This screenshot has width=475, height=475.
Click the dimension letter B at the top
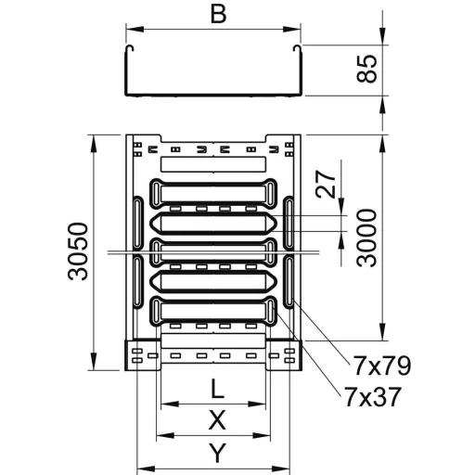tap(218, 15)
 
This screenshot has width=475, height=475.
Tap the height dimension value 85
tap(367, 69)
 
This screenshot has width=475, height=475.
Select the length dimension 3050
tap(78, 251)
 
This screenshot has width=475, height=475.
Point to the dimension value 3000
tap(366, 237)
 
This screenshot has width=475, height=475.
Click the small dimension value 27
tap(326, 184)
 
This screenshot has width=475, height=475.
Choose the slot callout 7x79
tap(381, 366)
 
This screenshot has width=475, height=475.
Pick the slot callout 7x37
tap(372, 397)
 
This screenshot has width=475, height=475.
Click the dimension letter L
tap(217, 389)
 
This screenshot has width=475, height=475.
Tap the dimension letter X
tap(217, 419)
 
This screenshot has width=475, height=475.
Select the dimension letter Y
tap(218, 453)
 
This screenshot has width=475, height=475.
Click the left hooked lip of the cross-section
tap(130, 49)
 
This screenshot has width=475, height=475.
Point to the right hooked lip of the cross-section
tap(297, 49)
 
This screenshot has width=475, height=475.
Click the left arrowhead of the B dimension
tap(135, 30)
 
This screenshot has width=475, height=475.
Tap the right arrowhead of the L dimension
tap(257, 404)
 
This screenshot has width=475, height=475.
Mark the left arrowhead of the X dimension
tap(165, 436)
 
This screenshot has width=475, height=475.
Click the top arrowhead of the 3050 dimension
tap(94, 144)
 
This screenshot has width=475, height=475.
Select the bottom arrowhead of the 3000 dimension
tap(383, 331)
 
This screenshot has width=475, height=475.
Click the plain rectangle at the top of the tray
tap(213, 164)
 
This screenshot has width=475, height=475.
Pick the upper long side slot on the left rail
tap(137, 223)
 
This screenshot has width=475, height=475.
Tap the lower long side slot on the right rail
tap(289, 281)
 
